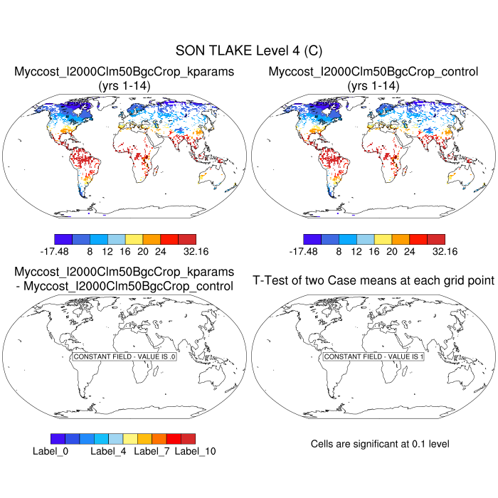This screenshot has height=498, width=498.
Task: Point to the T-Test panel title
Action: point(373,280)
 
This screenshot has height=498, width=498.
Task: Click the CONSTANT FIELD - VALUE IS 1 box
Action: point(373,356)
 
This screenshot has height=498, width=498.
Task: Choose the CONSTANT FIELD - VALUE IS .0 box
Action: point(124,356)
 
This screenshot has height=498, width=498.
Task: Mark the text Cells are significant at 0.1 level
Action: point(380,444)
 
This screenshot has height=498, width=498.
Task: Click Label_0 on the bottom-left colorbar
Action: point(51,451)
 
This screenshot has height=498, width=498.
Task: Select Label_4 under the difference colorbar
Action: point(110,451)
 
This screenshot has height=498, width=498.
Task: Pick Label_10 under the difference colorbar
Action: point(195,451)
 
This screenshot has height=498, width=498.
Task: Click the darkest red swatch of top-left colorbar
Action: point(186,239)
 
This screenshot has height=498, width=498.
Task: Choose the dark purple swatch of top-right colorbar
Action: point(312,239)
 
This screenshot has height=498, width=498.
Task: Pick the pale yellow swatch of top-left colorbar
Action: point(134,239)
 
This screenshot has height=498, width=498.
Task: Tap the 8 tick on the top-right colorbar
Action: point(339,251)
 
